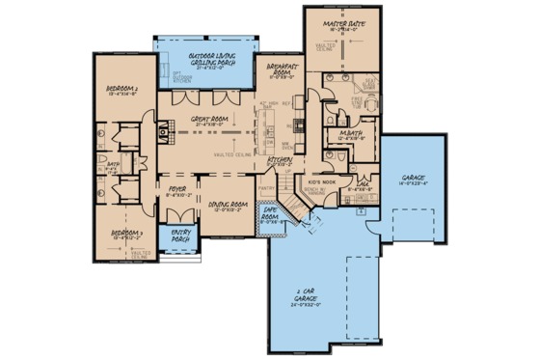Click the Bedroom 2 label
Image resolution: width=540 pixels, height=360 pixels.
click(123, 92)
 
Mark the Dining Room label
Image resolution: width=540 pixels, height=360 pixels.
click(228, 206)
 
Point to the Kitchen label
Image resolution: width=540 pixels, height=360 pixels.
click(280, 161)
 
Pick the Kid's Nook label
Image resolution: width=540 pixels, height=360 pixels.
click(321, 181)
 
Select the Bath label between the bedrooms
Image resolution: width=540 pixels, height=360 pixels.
click(112, 165)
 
